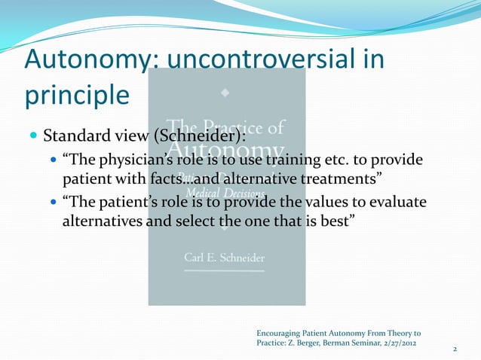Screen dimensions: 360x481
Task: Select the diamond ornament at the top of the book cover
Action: coord(226,95)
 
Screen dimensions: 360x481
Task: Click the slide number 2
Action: coord(455,349)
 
